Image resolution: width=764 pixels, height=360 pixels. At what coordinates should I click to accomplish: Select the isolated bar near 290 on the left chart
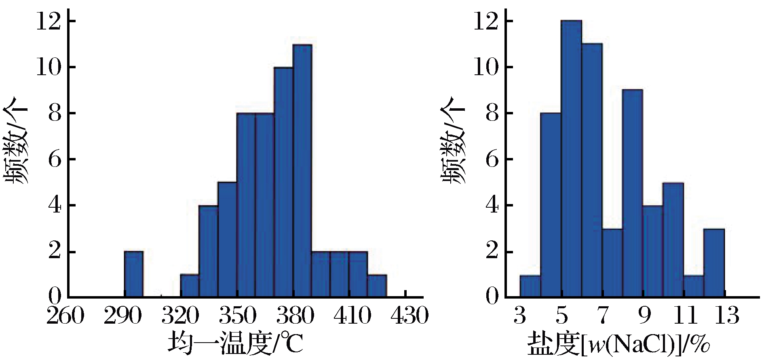pyautogui.click(x=133, y=274)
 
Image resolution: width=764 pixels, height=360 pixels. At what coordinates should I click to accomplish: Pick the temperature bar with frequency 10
pyautogui.click(x=283, y=182)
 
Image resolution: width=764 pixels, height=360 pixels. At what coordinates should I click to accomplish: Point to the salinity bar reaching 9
pyautogui.click(x=633, y=194)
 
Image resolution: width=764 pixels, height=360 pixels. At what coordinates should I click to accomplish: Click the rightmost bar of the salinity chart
pyautogui.click(x=714, y=263)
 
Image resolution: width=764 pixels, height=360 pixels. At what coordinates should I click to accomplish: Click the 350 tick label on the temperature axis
pyautogui.click(x=237, y=316)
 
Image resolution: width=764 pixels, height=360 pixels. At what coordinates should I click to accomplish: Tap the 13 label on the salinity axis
pyautogui.click(x=726, y=316)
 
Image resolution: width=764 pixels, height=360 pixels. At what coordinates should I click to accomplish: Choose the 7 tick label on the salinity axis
pyautogui.click(x=603, y=316)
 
